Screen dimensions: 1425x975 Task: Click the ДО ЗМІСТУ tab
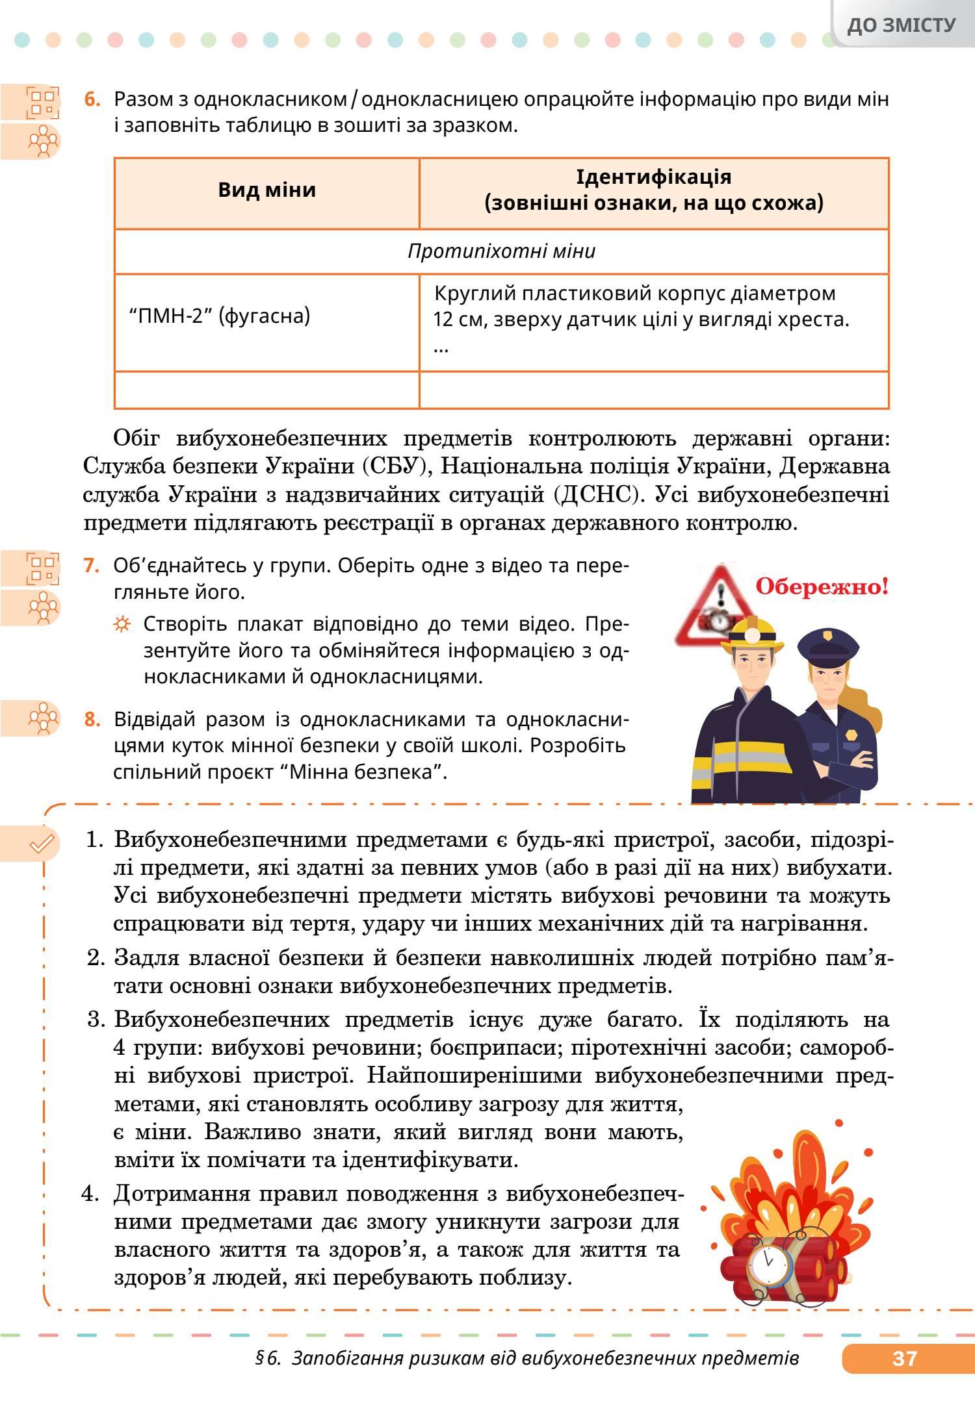pyautogui.click(x=902, y=25)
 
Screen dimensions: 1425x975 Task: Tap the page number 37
pyautogui.click(x=904, y=1357)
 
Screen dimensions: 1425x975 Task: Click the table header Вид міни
pyautogui.click(x=266, y=190)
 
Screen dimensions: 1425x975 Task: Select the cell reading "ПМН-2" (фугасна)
pyautogui.click(x=220, y=316)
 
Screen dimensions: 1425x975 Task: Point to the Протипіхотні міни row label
pyautogui.click(x=501, y=251)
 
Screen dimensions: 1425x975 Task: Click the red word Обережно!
pyautogui.click(x=822, y=588)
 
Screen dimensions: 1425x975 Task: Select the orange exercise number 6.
pyautogui.click(x=93, y=100)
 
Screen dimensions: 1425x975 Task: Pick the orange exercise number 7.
pyautogui.click(x=92, y=566)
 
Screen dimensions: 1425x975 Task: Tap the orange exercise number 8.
pyautogui.click(x=92, y=720)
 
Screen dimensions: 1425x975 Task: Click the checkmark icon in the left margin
pyautogui.click(x=42, y=844)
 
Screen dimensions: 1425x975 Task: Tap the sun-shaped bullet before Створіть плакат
pyautogui.click(x=122, y=625)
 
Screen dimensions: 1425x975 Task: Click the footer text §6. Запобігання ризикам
pyautogui.click(x=526, y=1357)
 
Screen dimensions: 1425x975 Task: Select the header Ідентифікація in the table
pyautogui.click(x=653, y=177)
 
